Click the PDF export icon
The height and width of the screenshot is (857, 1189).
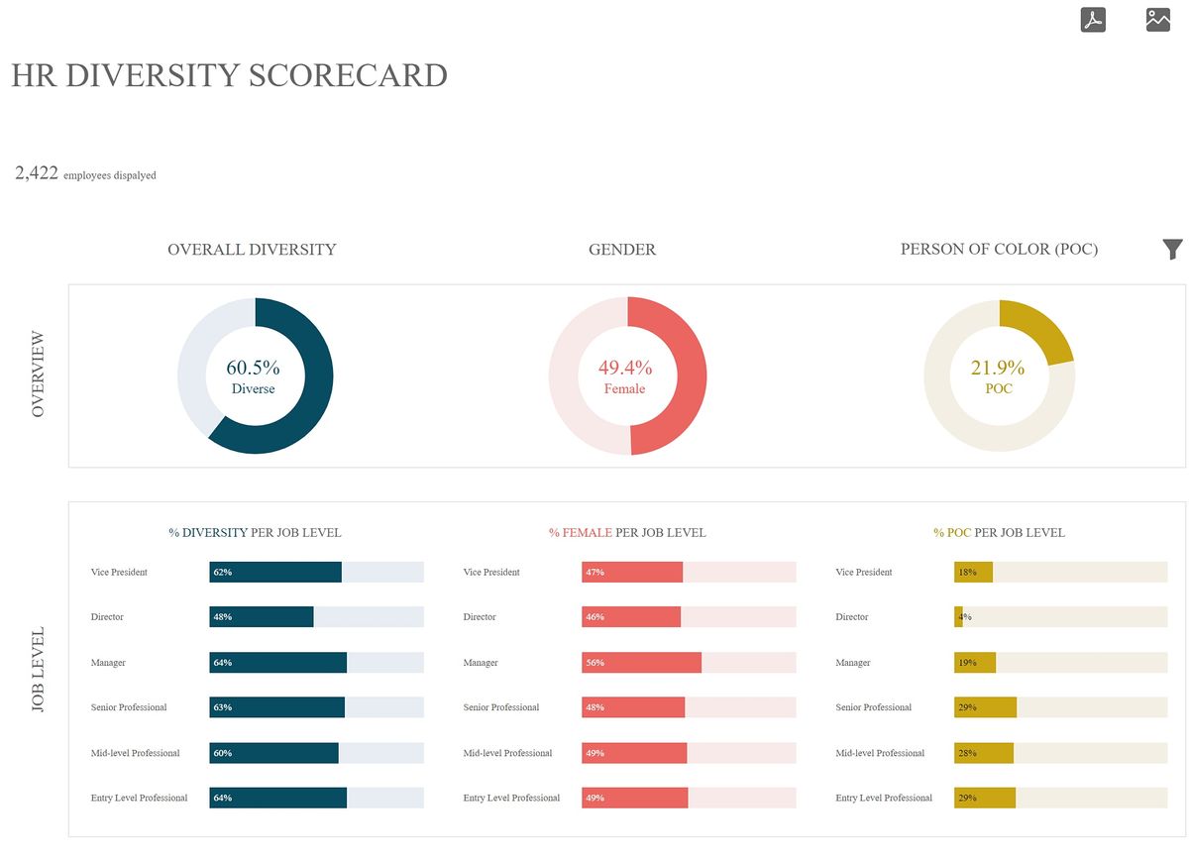(x=1093, y=20)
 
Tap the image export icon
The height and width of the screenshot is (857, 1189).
(x=1158, y=20)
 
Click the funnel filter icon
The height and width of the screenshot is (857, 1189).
(x=1172, y=250)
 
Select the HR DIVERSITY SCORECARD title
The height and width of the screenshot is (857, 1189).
(x=229, y=75)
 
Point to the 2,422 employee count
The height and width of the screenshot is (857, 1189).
(x=37, y=173)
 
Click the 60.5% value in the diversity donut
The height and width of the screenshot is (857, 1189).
(x=253, y=368)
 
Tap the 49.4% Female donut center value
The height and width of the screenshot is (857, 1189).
(x=624, y=368)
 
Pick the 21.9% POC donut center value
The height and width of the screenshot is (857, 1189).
(x=998, y=368)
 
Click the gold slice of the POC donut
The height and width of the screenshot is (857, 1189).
(x=1039, y=328)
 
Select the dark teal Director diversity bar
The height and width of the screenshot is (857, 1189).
(x=262, y=617)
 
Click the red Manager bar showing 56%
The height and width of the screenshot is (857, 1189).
(x=641, y=663)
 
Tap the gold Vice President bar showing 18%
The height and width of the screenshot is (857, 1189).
(x=973, y=573)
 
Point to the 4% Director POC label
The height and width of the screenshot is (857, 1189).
(x=964, y=617)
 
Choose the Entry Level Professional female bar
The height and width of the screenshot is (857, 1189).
(x=634, y=799)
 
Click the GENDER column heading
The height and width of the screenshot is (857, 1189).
(x=622, y=250)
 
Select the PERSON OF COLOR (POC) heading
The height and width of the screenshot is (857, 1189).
(x=999, y=250)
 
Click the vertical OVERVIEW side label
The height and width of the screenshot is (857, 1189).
(x=39, y=374)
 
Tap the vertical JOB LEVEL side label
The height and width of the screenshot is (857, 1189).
(x=39, y=670)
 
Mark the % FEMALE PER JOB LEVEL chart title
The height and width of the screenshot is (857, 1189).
(x=627, y=533)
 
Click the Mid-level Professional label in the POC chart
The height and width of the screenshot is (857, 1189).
(x=880, y=753)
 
